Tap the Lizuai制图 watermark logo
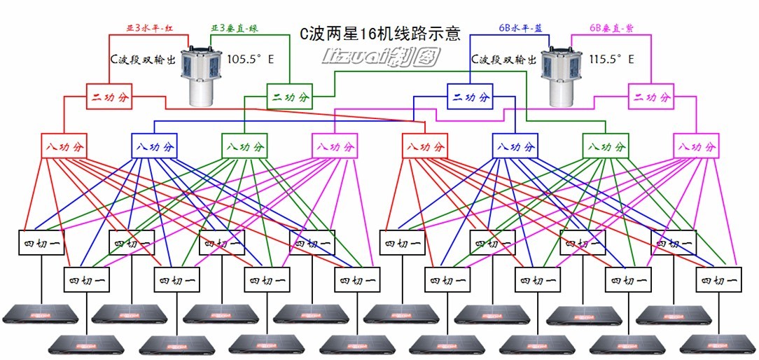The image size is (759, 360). point(380,57)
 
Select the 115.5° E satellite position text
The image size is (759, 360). point(612,60)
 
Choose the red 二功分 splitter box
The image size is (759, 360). point(109,96)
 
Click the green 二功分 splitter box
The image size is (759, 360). point(288,96)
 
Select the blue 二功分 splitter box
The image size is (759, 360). point(470,96)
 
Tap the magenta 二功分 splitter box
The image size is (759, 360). point(650,96)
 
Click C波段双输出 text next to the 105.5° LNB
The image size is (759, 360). point(142,60)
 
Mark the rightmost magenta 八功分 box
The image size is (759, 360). point(696,146)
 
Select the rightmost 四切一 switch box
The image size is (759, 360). point(718,280)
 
